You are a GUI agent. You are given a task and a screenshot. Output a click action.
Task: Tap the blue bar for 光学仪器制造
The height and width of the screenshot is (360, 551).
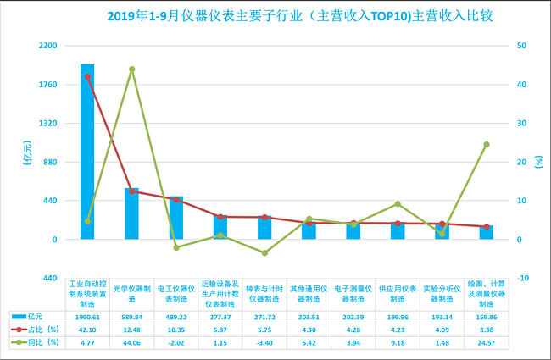[131, 213]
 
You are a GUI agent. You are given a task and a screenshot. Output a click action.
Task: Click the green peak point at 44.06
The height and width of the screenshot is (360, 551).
[131, 69]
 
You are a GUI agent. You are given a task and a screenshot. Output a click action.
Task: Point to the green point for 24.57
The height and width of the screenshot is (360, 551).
[486, 144]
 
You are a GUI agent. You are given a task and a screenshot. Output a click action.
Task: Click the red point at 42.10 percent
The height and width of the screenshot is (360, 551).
[87, 76]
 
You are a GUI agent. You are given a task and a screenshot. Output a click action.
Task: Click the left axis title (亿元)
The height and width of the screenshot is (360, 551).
[26, 161]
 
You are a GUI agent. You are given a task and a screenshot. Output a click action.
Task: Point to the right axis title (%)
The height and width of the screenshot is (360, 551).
[538, 161]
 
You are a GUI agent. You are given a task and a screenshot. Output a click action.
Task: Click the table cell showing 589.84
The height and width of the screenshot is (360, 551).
[131, 315]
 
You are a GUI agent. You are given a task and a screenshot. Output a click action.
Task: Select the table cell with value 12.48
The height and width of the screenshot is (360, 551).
[131, 328]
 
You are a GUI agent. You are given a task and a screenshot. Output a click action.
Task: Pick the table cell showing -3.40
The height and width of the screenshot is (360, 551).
[264, 341]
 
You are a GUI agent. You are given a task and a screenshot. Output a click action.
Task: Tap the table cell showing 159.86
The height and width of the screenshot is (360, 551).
[486, 315]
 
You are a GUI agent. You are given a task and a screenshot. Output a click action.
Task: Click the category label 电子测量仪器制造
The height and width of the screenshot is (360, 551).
[353, 291]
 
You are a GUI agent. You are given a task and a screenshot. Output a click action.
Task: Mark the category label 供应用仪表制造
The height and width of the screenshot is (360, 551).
[398, 291]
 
